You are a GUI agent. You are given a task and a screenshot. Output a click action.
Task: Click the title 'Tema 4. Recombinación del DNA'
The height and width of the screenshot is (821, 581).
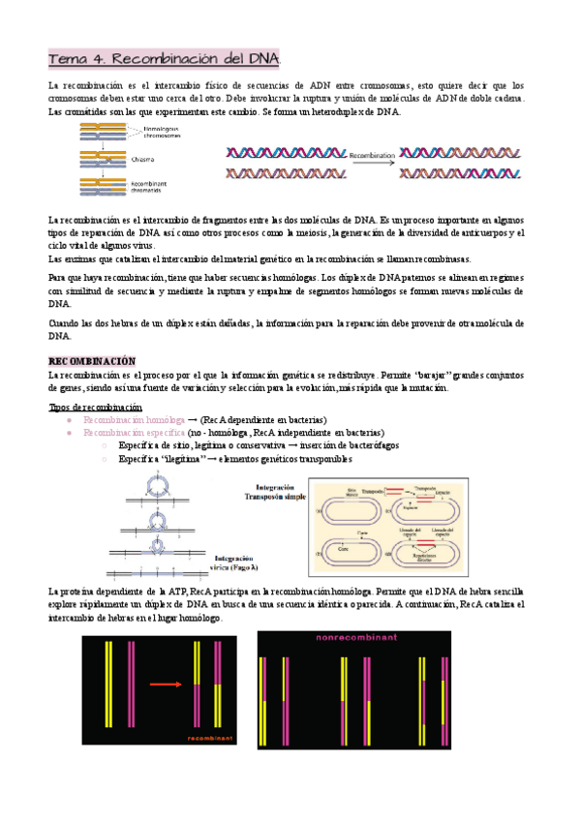[x=165, y=60]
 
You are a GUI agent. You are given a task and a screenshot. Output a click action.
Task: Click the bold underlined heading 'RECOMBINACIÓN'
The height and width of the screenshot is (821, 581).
[x=93, y=360]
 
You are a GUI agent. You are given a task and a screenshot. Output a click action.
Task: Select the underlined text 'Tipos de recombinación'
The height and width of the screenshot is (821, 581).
[x=95, y=407]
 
